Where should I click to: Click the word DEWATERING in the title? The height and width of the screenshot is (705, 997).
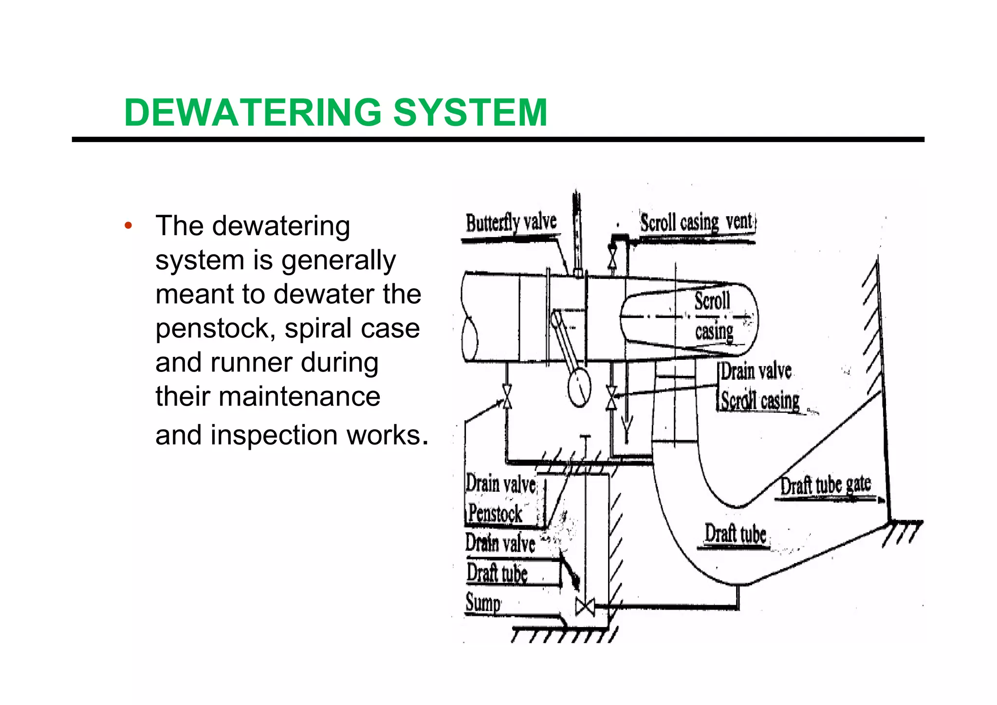253,112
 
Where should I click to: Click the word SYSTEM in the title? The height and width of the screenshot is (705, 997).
470,112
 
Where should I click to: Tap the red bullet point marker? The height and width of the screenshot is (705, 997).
128,225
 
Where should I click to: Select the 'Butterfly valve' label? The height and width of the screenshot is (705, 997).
511,223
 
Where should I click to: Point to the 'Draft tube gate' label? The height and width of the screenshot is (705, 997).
826,485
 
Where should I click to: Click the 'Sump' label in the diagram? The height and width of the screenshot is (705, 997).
483,602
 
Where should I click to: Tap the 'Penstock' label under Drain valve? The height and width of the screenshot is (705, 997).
495,514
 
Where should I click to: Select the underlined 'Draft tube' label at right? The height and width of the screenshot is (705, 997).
735,534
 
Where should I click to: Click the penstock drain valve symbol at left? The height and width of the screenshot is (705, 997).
507,396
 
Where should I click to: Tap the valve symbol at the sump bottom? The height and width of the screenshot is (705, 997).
585,607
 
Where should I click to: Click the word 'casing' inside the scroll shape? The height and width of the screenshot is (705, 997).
714,332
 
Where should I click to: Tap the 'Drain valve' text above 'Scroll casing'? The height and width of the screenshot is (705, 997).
756,371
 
